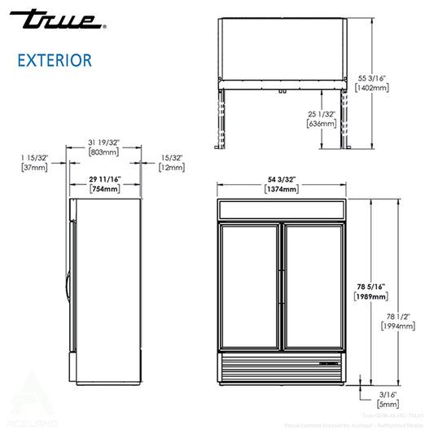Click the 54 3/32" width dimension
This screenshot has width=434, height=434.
(281, 178)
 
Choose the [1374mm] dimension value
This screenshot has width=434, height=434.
(281, 189)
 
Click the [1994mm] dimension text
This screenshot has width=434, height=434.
(398, 325)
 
